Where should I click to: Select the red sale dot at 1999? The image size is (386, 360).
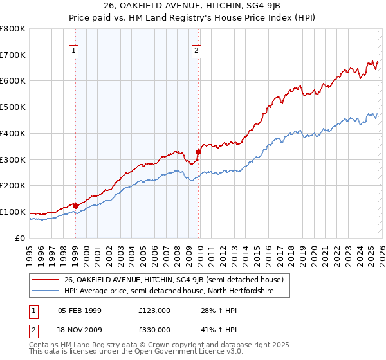(x=75, y=206)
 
